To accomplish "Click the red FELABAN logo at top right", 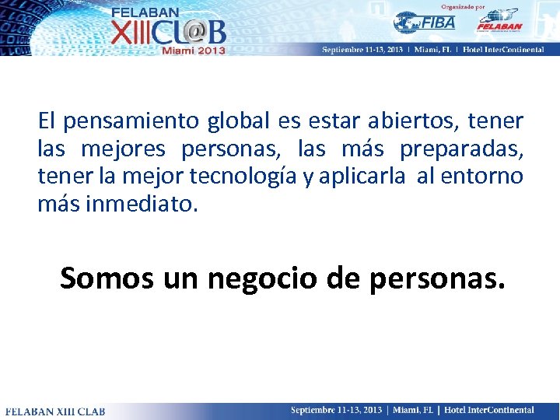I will coord(499,21).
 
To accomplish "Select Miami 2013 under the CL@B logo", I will coord(194,50).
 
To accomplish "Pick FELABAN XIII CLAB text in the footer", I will coord(55,411).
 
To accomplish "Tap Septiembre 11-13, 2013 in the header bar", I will coord(362,49).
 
